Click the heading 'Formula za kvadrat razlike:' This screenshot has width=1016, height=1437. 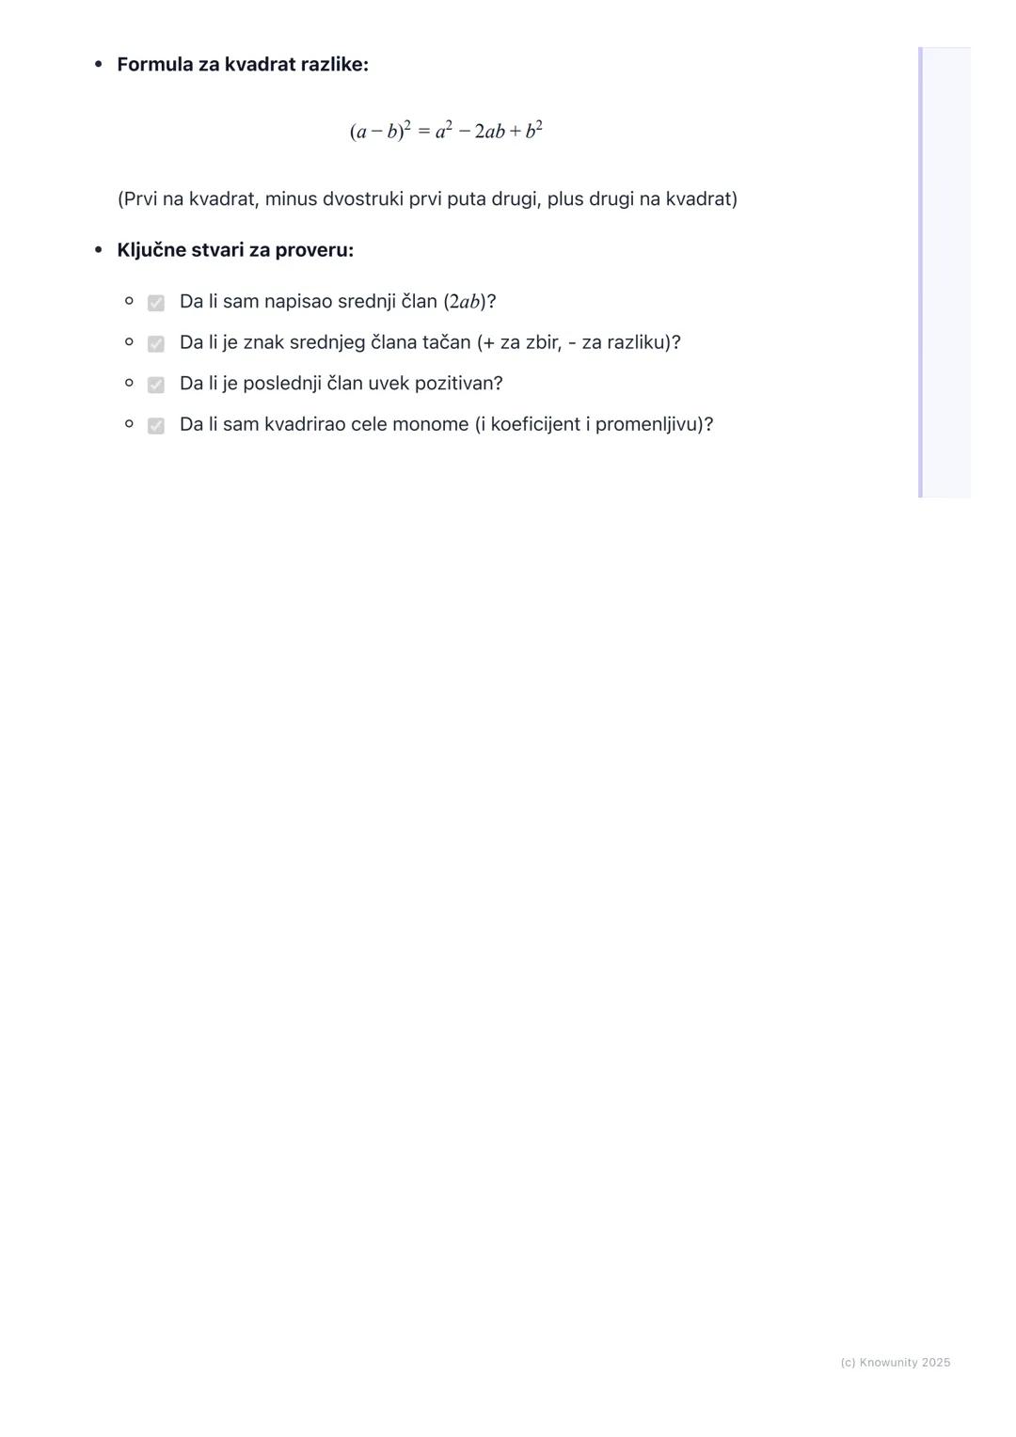(243, 65)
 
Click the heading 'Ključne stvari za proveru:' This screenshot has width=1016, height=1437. (235, 250)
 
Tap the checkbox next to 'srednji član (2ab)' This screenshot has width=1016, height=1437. (156, 303)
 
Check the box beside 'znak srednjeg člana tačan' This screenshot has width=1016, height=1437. (156, 343)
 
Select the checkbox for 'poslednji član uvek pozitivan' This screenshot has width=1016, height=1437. (156, 385)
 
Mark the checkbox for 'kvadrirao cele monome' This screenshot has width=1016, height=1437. (156, 425)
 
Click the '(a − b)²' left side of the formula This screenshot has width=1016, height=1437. (380, 131)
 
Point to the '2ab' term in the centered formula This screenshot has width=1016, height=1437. (489, 132)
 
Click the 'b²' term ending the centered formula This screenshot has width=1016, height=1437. (533, 131)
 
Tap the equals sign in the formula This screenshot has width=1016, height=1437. (423, 132)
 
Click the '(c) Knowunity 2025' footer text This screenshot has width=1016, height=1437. (895, 1363)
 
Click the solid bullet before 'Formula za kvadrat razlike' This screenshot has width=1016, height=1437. (98, 65)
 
